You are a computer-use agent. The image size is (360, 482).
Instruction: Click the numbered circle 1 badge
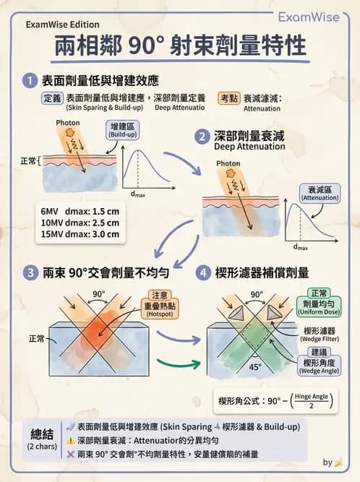pos(30,79)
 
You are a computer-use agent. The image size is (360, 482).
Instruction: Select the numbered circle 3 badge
pos(30,272)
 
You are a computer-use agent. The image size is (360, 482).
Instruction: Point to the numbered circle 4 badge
pos(204,272)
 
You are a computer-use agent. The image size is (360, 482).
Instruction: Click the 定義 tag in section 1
pos(51,98)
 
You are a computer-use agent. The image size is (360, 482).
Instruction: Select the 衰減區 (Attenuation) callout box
pos(320,192)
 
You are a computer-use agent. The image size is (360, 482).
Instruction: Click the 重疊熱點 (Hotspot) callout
pos(160,304)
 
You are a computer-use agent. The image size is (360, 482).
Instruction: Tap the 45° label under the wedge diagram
pos(255,366)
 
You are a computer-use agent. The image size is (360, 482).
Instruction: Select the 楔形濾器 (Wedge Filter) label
pos(319,335)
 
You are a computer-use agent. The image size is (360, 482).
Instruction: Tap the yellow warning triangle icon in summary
pos(70,441)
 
